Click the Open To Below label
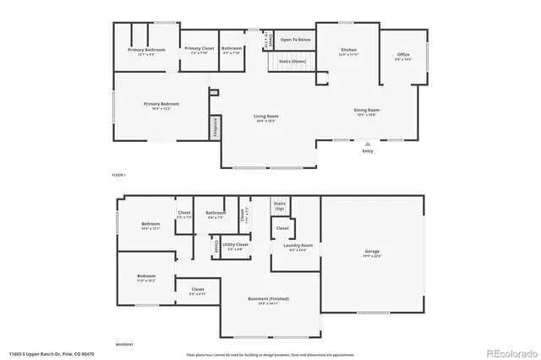[296, 40]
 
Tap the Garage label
[372, 252]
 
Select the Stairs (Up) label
[280, 205]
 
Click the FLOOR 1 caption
[118, 174]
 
